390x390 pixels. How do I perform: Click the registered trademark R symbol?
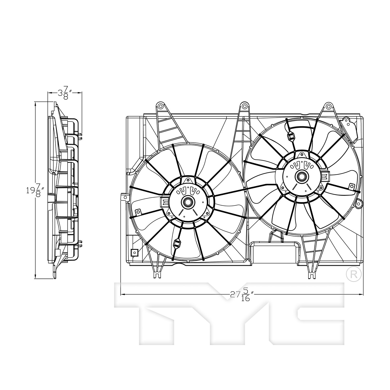click(354, 275)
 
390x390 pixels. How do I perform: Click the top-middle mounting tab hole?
click(244, 106)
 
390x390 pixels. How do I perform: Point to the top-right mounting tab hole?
click(329, 106)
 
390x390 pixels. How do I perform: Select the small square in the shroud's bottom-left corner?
click(134, 252)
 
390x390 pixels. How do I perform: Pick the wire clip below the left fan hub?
click(177, 244)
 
